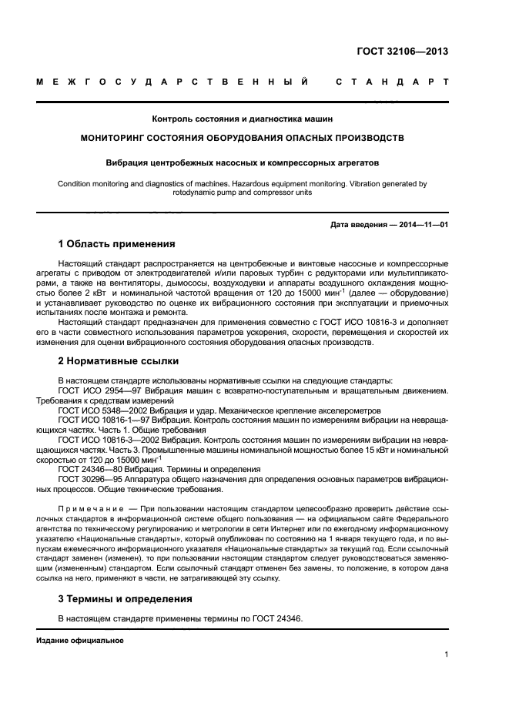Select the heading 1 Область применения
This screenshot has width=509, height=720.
pyautogui.click(x=116, y=244)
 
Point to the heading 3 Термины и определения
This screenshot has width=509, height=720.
pyautogui.click(x=126, y=598)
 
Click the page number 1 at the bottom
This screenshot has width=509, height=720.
pyautogui.click(x=447, y=655)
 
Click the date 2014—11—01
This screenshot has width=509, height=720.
pyautogui.click(x=421, y=224)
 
